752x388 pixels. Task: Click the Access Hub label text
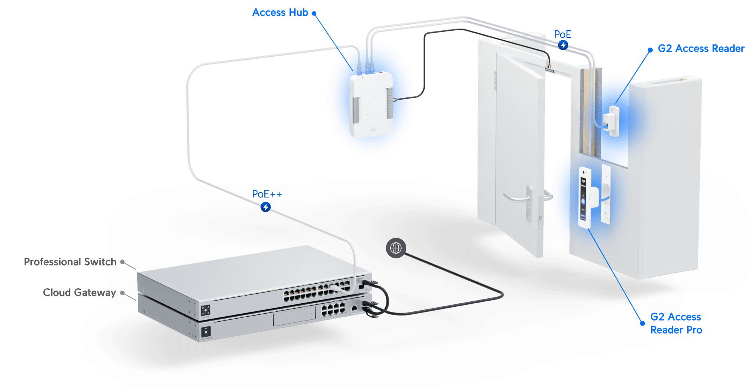pyautogui.click(x=280, y=13)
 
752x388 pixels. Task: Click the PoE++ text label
pyautogui.click(x=267, y=194)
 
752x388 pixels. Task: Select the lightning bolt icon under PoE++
pyautogui.click(x=266, y=207)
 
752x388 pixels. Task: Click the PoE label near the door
pyautogui.click(x=562, y=35)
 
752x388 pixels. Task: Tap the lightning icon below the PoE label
pyautogui.click(x=563, y=45)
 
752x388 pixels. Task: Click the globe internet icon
pyautogui.click(x=396, y=248)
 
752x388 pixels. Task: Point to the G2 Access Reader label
pyautogui.click(x=701, y=49)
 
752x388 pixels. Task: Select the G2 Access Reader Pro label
pyautogui.click(x=676, y=323)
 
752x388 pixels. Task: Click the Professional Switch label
pyautogui.click(x=69, y=262)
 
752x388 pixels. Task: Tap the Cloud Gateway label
pyautogui.click(x=79, y=293)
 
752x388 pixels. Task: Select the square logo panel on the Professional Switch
pyautogui.click(x=206, y=311)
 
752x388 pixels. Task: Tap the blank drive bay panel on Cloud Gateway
pyautogui.click(x=294, y=317)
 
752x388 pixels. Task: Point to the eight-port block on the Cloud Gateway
pyautogui.click(x=333, y=309)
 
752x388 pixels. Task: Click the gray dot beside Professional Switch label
pyautogui.click(x=122, y=262)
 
